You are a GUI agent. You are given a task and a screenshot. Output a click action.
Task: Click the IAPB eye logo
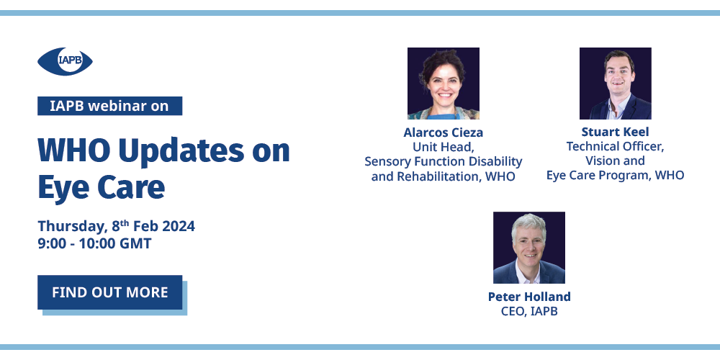(65, 61)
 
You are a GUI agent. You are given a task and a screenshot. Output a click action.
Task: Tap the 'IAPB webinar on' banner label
(109, 106)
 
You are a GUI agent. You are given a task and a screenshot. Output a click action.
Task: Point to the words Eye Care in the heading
(101, 187)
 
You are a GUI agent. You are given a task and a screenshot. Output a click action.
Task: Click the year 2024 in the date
(179, 226)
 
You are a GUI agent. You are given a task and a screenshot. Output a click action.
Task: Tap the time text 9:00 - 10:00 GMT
(94, 243)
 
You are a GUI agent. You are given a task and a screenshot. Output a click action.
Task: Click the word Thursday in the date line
(73, 226)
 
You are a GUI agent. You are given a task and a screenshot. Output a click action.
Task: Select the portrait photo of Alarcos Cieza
(444, 84)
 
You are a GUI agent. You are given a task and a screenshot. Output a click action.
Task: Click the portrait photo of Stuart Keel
(616, 84)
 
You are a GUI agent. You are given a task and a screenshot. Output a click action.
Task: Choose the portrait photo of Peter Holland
(529, 248)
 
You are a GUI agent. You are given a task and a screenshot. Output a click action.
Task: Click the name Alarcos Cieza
(443, 132)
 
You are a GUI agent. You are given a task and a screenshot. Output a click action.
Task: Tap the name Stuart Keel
(616, 132)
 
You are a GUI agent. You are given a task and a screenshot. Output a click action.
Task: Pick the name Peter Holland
(529, 297)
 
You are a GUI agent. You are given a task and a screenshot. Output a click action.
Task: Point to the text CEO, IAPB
(529, 311)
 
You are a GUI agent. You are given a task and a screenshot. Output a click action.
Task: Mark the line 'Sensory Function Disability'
(443, 161)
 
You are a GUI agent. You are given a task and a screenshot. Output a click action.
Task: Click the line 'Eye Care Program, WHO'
(616, 176)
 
